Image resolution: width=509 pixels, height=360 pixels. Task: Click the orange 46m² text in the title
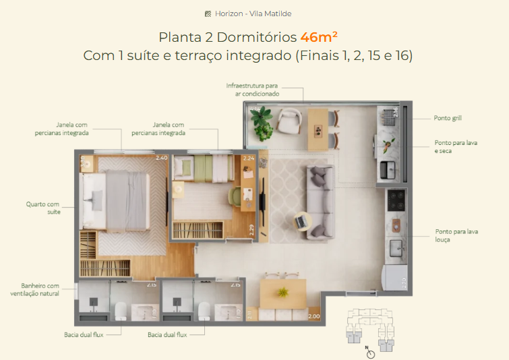coord(319,36)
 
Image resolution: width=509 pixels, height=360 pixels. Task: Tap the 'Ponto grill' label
coord(448,118)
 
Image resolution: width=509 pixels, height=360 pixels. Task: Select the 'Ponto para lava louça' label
coord(456,235)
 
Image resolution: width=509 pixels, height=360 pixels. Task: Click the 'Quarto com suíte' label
coord(43,208)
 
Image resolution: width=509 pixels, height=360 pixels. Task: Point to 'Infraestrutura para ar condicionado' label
coord(252,90)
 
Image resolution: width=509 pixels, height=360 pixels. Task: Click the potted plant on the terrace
coord(261,121)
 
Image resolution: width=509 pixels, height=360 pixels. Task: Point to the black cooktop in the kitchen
coord(395,199)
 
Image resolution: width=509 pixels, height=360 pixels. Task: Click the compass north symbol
coord(369,352)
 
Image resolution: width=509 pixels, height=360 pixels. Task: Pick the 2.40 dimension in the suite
coord(161,158)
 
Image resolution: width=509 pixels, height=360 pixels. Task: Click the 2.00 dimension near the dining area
coord(313,316)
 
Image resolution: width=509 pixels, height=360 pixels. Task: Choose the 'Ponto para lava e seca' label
coord(452,146)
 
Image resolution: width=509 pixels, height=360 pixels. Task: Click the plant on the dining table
coord(283,292)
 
